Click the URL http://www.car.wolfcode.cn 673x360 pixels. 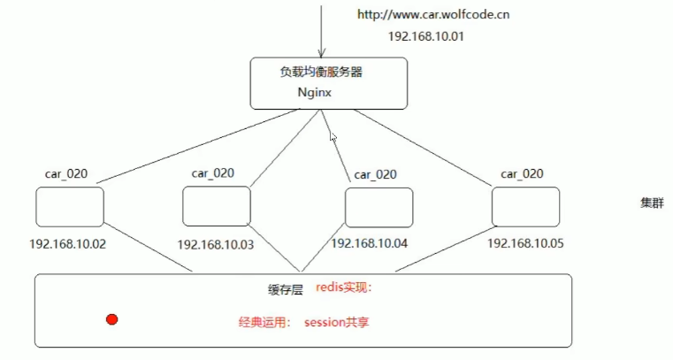(x=433, y=15)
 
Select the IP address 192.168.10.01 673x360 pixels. (x=426, y=36)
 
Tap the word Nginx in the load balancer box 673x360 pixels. (x=315, y=93)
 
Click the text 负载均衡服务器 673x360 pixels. (x=321, y=72)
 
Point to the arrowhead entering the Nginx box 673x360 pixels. (x=321, y=53)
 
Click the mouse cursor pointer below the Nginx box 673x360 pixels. (x=333, y=137)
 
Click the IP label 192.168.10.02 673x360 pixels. (x=68, y=244)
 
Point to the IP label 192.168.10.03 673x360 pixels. (x=216, y=245)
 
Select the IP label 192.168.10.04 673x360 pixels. (x=370, y=244)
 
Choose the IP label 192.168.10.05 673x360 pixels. (x=526, y=244)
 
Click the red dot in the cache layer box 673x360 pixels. (x=112, y=319)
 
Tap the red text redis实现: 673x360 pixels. (x=344, y=287)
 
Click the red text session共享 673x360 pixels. (x=337, y=322)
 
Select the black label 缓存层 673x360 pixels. (x=286, y=289)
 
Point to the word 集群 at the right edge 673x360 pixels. (x=653, y=203)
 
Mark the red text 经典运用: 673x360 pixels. (x=264, y=322)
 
